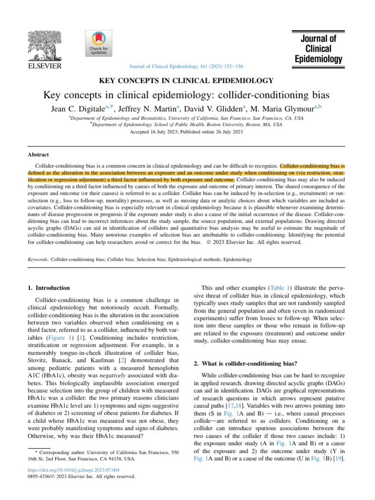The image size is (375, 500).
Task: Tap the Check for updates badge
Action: [98, 43]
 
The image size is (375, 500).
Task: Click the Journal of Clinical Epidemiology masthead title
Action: [319, 48]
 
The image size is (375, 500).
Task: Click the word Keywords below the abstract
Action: [38, 260]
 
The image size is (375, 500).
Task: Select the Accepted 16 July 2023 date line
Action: [187, 132]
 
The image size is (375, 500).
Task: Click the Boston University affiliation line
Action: [187, 125]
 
